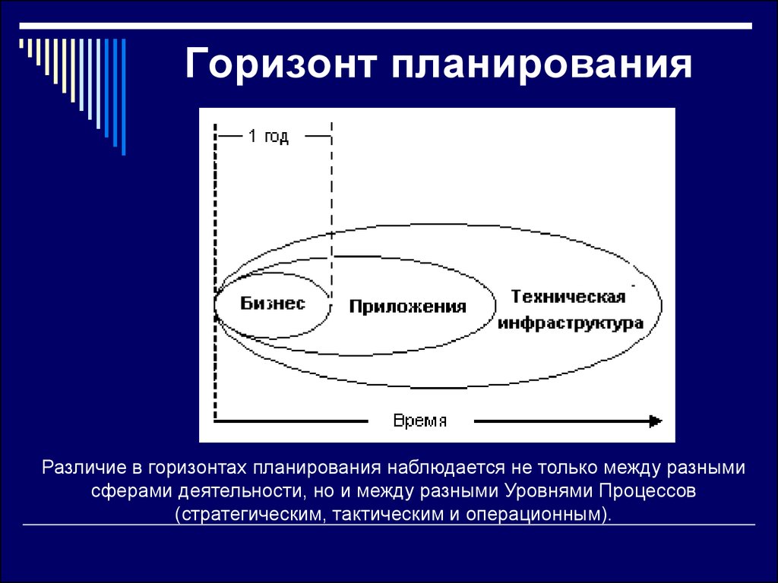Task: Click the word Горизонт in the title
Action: coord(280,64)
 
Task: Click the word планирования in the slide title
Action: coord(541,65)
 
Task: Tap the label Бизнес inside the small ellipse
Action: coord(273,304)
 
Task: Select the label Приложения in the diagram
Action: coord(408,307)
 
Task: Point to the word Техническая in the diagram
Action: coord(568,297)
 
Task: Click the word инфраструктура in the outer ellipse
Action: coord(571,323)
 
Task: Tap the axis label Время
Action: coord(419,421)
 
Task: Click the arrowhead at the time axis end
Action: coord(656,421)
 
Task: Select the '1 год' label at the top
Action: coord(268,137)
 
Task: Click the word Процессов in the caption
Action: coord(647,491)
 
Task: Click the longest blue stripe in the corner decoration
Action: coord(124,96)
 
